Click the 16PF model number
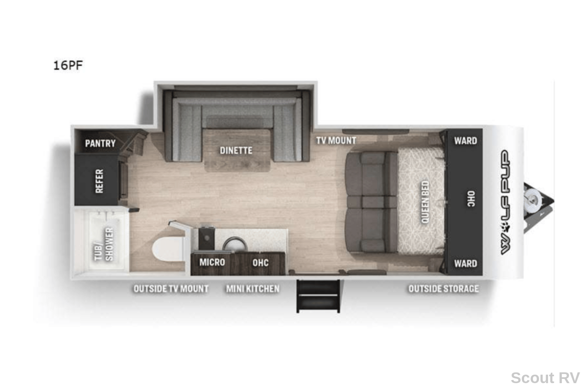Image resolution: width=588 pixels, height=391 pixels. tap(68, 65)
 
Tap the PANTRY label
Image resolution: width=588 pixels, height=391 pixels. tap(100, 143)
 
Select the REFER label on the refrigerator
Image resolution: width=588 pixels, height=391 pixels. tap(99, 181)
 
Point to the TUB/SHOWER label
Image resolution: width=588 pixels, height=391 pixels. tap(104, 244)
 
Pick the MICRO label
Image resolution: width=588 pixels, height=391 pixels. tap(212, 262)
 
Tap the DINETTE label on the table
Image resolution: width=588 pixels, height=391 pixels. tap(236, 151)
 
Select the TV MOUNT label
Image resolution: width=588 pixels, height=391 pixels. tap(336, 141)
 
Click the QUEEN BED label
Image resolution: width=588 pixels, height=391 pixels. tap(425, 202)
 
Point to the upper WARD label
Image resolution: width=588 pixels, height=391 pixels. tap(465, 141)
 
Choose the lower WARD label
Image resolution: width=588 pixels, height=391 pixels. tap(465, 263)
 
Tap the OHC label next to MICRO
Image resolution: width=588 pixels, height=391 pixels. tap(260, 262)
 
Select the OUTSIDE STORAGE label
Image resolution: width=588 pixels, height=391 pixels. tap(444, 289)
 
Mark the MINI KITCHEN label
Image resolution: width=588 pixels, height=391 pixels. tap(253, 289)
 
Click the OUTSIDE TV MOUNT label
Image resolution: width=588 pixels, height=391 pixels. tap(171, 289)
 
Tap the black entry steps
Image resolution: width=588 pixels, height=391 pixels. tap(318, 295)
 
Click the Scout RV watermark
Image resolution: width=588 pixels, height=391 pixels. tap(545, 378)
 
